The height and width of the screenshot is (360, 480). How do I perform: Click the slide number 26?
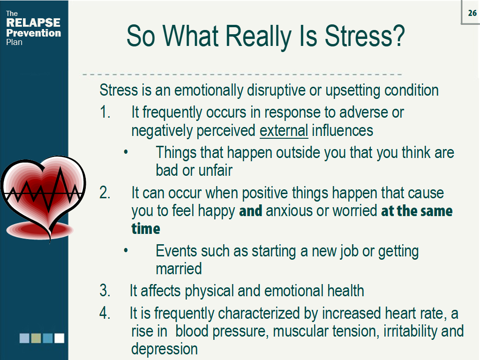pos(472,13)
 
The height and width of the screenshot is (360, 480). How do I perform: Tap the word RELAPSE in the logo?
pos(33,22)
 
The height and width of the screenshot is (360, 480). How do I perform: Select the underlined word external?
pos(284,130)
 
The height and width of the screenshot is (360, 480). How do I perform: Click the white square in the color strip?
pos(59,338)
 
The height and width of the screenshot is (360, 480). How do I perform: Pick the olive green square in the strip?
pos(36,338)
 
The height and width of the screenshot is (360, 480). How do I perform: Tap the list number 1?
pos(105,112)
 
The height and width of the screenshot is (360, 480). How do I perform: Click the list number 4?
pos(105,313)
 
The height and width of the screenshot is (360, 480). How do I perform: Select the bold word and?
pos(250,211)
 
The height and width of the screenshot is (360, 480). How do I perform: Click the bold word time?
pos(145,229)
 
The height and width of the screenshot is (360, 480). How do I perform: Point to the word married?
pos(179,269)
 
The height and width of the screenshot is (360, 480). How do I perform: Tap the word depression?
pos(164,349)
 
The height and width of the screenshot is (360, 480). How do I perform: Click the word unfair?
pos(215,170)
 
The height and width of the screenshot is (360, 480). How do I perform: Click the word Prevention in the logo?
pos(33,33)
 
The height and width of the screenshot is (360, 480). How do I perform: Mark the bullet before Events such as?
pos(126,251)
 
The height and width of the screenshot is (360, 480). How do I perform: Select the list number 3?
pos(105,291)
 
